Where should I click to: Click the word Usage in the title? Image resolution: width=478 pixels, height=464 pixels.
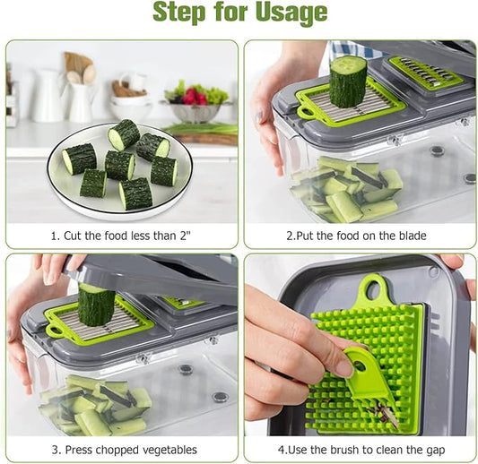click(291, 13)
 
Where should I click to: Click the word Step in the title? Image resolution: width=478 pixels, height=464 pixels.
click(179, 13)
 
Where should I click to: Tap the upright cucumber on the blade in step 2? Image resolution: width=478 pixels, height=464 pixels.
click(348, 82)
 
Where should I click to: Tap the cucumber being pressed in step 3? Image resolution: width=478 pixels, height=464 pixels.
click(96, 305)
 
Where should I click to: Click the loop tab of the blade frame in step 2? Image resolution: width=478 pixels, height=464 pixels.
click(306, 112)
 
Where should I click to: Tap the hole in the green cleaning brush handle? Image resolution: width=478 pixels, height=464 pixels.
click(360, 365)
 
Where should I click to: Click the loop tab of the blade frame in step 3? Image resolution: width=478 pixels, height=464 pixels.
click(55, 331)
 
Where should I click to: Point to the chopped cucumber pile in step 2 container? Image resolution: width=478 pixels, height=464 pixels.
click(346, 189)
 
